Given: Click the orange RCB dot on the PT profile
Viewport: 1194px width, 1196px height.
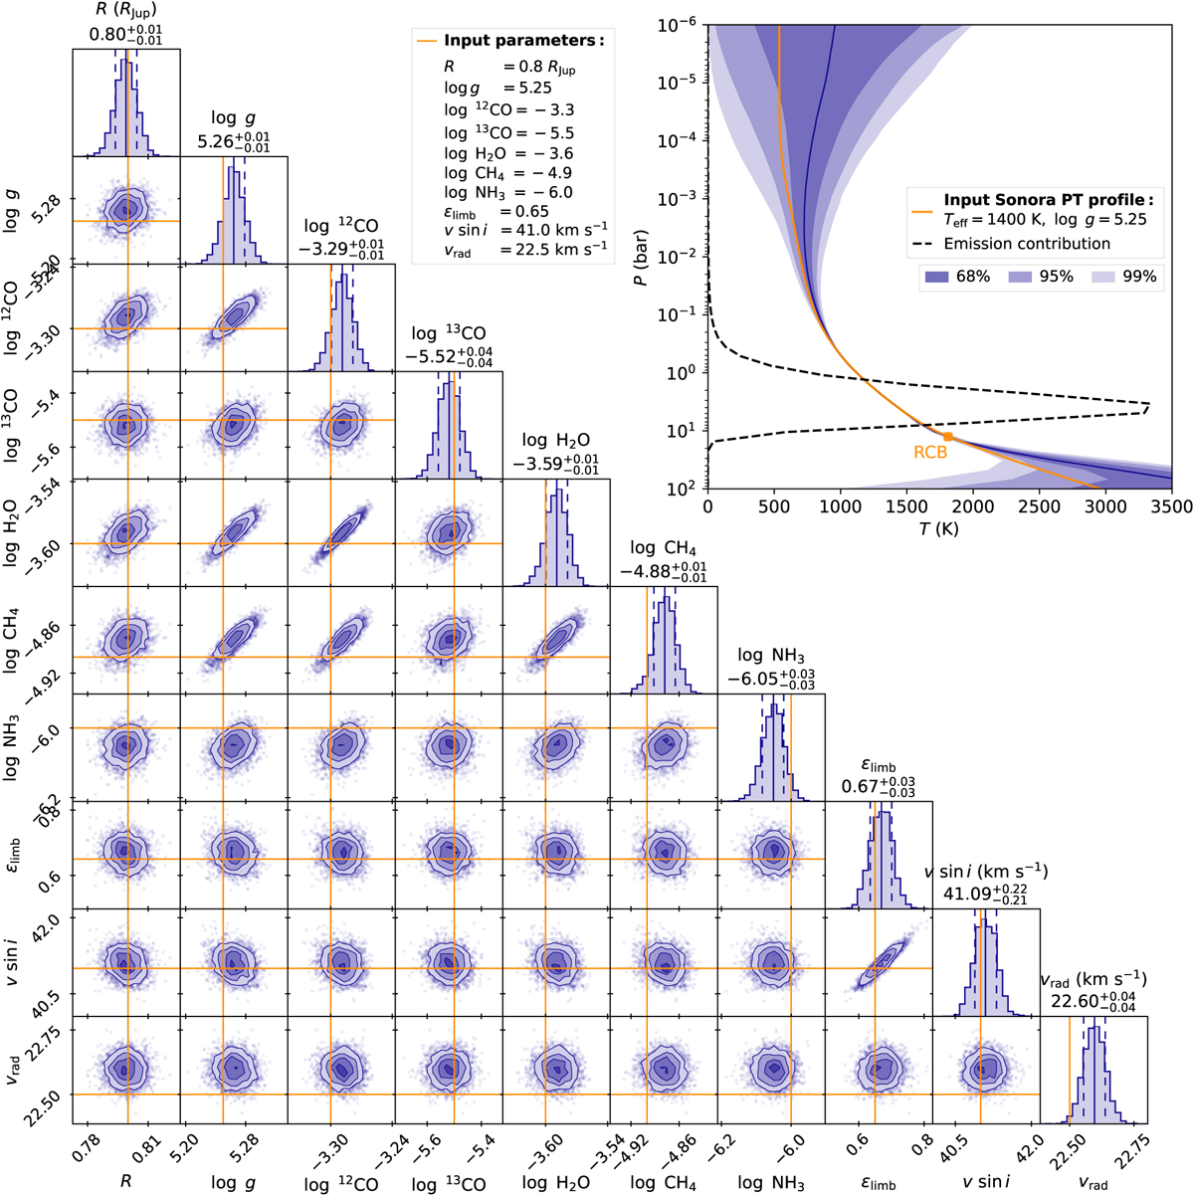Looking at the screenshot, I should pos(947,436).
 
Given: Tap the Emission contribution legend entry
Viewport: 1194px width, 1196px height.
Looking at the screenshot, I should pos(1027,244).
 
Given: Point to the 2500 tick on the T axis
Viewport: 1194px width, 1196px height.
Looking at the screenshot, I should pos(1040,506).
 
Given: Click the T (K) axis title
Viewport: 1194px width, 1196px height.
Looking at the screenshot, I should pos(939,529).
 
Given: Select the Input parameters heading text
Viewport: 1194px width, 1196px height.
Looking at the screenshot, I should pos(523,41).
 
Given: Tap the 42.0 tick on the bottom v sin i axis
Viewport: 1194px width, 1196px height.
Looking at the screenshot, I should pos(1020,1140).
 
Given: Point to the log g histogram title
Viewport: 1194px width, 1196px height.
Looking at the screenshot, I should pos(234,120).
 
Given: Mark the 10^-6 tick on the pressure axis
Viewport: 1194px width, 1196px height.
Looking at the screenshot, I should pos(682,26).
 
